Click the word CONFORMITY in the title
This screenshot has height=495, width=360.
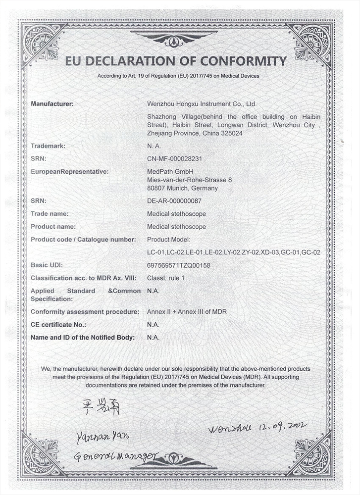[242, 61]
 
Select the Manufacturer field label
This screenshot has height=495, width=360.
[52, 104]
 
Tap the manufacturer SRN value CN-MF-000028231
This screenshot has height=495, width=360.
[175, 159]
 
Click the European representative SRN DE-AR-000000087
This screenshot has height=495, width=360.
[174, 201]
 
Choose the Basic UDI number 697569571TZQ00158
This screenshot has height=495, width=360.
[179, 265]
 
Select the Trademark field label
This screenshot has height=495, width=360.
[48, 146]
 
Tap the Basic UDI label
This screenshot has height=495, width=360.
[47, 265]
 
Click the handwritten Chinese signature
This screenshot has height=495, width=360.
[99, 407]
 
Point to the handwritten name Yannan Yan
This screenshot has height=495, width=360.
[103, 436]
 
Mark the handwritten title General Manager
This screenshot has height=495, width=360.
[116, 456]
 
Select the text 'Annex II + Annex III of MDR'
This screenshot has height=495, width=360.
[187, 312]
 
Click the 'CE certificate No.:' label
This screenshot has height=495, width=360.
[58, 325]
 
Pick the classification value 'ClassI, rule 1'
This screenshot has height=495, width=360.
[166, 278]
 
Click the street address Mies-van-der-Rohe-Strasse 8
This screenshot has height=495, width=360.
[190, 180]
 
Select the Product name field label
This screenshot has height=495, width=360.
[53, 227]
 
